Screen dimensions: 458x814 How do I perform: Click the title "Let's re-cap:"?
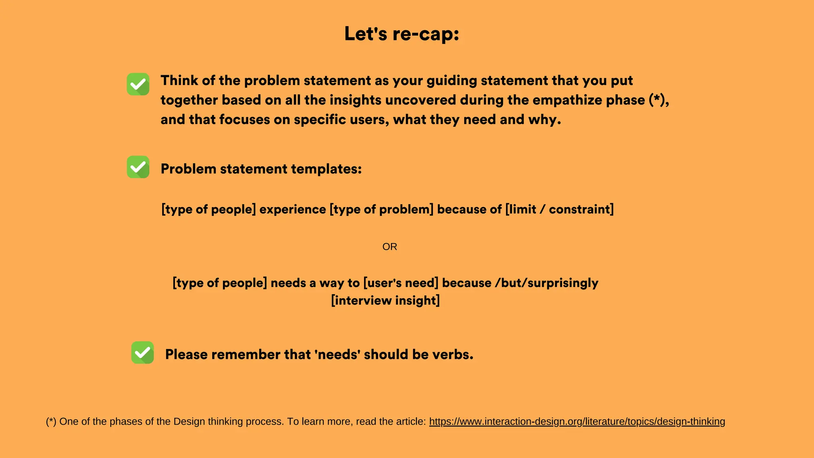[x=401, y=33]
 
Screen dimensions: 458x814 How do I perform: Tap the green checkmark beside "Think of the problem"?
[x=138, y=84]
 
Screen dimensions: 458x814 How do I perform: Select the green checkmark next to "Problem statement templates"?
[x=138, y=167]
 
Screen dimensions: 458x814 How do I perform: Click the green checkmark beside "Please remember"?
[x=142, y=352]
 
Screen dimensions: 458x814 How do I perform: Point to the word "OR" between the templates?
[x=390, y=246]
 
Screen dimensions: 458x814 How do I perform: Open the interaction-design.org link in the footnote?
[x=577, y=421]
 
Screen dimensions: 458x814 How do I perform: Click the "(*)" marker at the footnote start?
[x=51, y=421]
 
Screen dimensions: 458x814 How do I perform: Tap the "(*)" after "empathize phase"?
[x=657, y=100]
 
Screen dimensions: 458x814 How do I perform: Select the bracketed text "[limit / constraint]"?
[x=559, y=209]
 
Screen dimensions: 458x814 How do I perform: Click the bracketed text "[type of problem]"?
[x=381, y=209]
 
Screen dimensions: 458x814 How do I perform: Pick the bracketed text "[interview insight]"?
[x=385, y=300]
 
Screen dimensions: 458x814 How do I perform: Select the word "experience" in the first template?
[x=293, y=209]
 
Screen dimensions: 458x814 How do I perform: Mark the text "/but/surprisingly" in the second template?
[x=547, y=283]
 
